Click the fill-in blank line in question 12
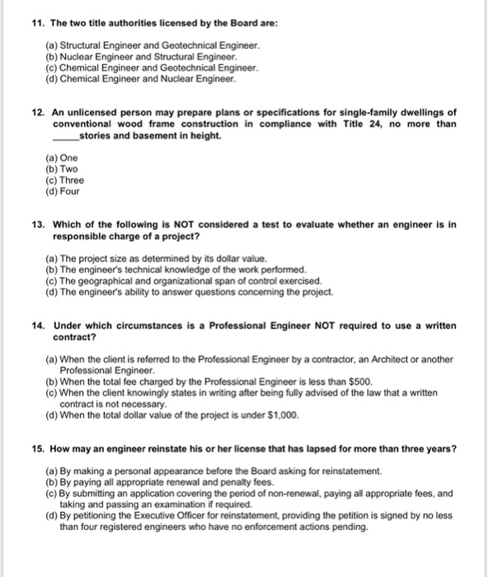click(63, 137)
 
